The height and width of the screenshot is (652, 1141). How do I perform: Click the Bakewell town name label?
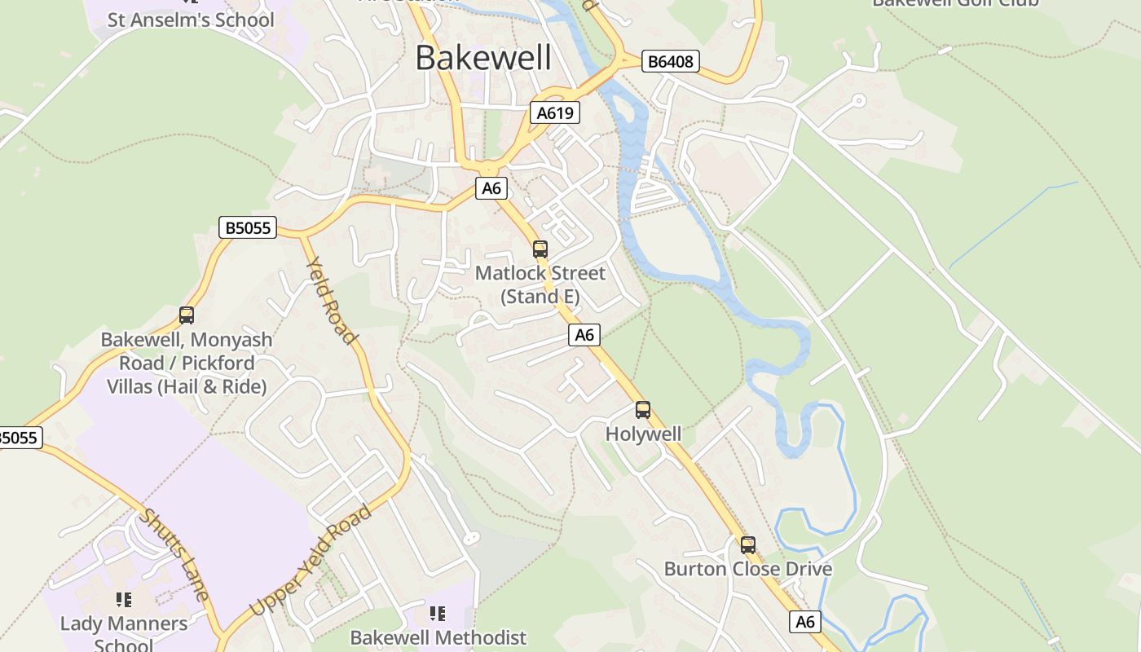pos(483,58)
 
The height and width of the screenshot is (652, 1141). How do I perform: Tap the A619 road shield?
pos(555,112)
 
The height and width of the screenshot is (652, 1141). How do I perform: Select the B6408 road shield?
pos(671,61)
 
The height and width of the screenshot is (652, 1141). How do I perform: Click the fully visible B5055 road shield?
pos(248,227)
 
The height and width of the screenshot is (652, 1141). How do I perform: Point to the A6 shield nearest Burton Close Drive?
pos(804,622)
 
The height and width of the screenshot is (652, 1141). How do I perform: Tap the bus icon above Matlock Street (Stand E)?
pos(540,249)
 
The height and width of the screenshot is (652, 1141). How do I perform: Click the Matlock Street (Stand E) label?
pos(540,284)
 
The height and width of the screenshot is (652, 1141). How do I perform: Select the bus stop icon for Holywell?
pos(643,410)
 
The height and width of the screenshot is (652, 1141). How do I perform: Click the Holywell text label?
pos(643,434)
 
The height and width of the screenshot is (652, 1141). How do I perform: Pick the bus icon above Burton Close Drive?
pos(747,545)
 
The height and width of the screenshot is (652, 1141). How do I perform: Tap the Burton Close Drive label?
pos(748,569)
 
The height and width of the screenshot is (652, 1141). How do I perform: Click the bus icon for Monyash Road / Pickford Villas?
pos(187,315)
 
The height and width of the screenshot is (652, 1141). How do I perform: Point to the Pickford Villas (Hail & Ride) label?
pos(187,363)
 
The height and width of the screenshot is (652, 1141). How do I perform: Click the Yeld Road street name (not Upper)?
pos(331,300)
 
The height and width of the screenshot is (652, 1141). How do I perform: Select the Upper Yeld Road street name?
pos(311,560)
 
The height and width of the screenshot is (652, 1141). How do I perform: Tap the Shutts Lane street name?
pos(174,554)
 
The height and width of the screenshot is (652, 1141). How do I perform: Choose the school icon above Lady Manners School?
pos(124,600)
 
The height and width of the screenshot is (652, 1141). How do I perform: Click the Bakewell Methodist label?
pos(438,637)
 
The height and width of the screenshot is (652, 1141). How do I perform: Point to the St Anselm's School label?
pos(191,19)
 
